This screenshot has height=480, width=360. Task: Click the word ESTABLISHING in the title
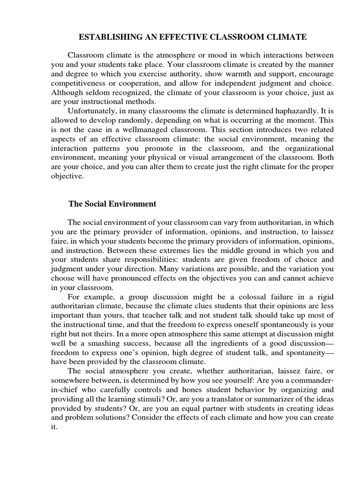coord(101,37)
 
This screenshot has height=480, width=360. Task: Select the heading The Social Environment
coord(112,204)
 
